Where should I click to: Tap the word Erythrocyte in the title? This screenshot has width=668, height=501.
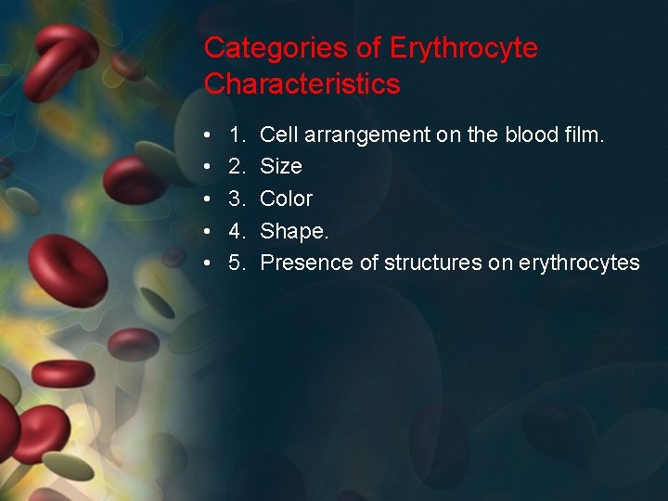point(464,48)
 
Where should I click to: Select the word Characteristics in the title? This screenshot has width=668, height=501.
point(302,84)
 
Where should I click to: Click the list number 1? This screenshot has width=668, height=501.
point(237,135)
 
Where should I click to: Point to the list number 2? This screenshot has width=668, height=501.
point(237,167)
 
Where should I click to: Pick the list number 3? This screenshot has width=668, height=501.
point(237,199)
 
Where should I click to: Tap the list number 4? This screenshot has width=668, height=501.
point(237,231)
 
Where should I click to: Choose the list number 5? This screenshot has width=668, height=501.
point(237,263)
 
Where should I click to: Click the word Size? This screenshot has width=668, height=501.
point(281,167)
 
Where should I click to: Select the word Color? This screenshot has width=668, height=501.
point(287,199)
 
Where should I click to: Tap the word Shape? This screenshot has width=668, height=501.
point(292,231)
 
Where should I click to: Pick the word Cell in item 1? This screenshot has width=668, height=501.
point(276,135)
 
